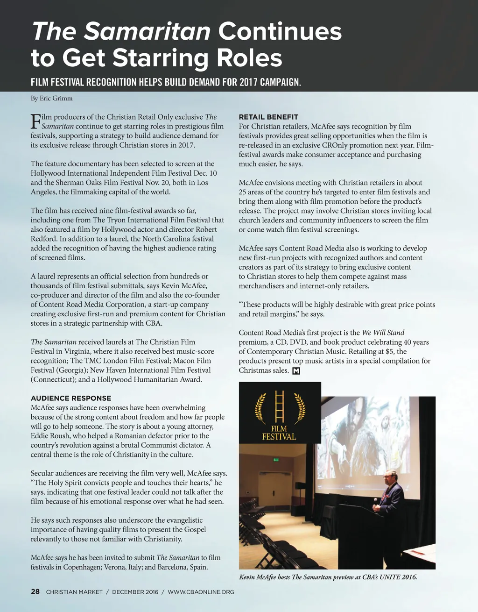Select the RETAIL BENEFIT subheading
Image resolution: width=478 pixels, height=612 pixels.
click(x=268, y=117)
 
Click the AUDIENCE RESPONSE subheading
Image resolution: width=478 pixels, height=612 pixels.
click(x=71, y=398)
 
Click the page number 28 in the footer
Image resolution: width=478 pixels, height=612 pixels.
click(x=35, y=592)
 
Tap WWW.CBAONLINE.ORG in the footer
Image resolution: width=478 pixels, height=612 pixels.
click(x=201, y=592)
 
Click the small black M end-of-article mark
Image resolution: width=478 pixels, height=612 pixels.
click(x=295, y=371)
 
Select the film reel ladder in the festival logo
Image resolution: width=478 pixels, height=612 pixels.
click(x=280, y=406)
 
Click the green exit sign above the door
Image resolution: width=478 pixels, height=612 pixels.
click(x=276, y=460)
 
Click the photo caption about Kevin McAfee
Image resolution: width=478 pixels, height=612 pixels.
click(x=328, y=577)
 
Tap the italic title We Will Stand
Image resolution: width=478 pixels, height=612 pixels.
click(x=383, y=333)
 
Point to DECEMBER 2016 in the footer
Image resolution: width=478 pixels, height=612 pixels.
click(x=135, y=592)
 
